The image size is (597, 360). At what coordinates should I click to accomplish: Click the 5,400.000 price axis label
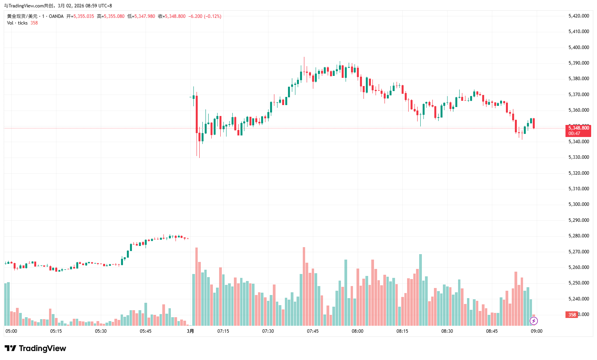pyautogui.click(x=578, y=47)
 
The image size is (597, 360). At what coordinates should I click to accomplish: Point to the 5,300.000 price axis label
pyautogui.click(x=578, y=204)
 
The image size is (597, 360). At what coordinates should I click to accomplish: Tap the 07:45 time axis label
pyautogui.click(x=313, y=331)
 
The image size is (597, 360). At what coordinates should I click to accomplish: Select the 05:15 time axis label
pyautogui.click(x=56, y=331)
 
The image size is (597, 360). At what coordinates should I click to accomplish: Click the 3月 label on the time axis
pyautogui.click(x=190, y=331)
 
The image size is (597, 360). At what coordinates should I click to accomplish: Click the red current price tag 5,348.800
pyautogui.click(x=578, y=128)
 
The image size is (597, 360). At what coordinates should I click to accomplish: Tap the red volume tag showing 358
pyautogui.click(x=572, y=315)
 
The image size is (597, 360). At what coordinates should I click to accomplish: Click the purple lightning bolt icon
pyautogui.click(x=534, y=321)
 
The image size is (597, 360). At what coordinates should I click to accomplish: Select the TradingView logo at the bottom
pyautogui.click(x=35, y=348)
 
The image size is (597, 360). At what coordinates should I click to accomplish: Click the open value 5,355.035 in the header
pyautogui.click(x=84, y=16)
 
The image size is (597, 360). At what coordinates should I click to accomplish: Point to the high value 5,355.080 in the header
pyautogui.click(x=114, y=16)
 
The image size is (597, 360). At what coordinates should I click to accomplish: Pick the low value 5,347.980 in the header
pyautogui.click(x=144, y=16)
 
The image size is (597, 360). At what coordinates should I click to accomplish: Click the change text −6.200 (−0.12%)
pyautogui.click(x=205, y=16)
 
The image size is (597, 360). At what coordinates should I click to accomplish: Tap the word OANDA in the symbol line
pyautogui.click(x=56, y=16)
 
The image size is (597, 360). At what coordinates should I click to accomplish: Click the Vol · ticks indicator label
pyautogui.click(x=17, y=23)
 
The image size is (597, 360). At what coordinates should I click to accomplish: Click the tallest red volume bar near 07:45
pyautogui.click(x=304, y=286)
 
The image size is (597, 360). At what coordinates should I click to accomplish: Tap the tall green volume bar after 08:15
pyautogui.click(x=420, y=290)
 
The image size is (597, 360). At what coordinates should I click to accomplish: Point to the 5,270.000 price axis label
pyautogui.click(x=578, y=252)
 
